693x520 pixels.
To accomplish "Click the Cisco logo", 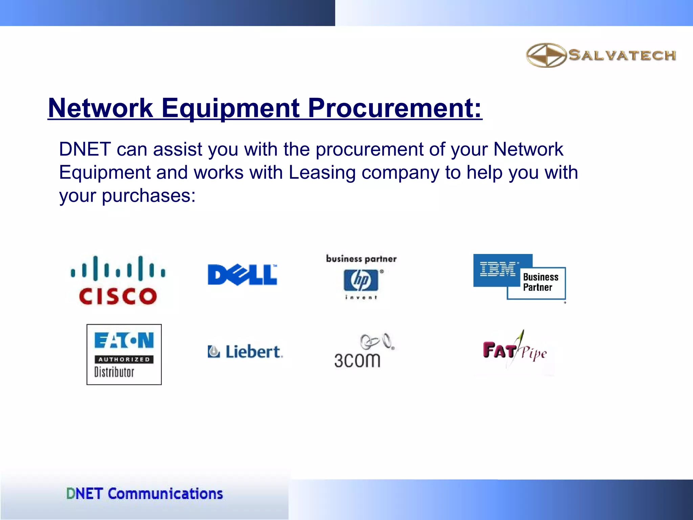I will coord(118,280).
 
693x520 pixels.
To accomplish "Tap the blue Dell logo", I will coord(242,275).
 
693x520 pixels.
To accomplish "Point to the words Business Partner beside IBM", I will coord(540,282).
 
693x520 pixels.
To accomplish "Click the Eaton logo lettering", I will coord(124,340).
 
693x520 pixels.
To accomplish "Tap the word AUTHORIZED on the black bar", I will coord(124,360).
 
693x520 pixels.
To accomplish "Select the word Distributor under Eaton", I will coord(114,372).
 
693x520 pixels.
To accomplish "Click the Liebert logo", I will coord(245,351).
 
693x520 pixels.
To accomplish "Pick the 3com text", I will coord(357,360).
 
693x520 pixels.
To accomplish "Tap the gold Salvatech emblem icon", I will coord(546,55).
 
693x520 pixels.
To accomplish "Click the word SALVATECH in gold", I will coord(622,55).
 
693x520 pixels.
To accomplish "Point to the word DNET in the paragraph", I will coord(85,149).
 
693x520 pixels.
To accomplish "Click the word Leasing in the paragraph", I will coord(322,172).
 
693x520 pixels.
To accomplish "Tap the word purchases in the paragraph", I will coord(148,195).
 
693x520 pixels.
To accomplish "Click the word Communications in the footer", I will coord(165,494).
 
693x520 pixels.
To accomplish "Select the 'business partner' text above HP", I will coord(361,259).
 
